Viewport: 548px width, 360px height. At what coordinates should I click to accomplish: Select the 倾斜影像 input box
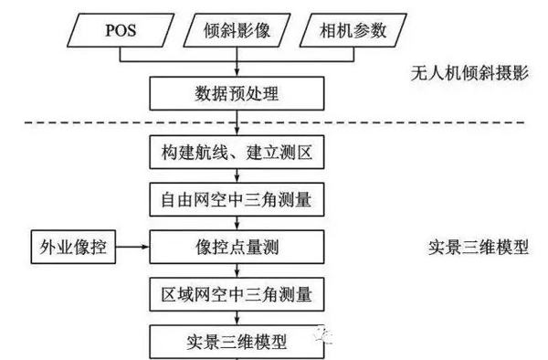237,32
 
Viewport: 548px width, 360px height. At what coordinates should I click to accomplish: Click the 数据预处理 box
237,91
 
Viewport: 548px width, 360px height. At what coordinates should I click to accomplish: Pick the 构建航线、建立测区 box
237,151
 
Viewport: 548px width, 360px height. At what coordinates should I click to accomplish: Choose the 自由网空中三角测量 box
237,198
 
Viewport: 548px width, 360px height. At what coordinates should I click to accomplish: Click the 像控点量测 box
237,247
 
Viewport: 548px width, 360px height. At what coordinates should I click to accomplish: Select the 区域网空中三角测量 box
237,295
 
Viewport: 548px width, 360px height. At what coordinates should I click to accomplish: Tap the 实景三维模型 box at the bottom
237,343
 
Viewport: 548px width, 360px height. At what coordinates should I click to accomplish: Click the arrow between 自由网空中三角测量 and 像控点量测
237,223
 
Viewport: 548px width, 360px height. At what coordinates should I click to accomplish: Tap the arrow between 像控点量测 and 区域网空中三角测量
237,271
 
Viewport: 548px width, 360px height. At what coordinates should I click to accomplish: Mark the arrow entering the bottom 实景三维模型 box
237,319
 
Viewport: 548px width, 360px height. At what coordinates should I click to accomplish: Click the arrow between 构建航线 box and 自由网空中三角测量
237,175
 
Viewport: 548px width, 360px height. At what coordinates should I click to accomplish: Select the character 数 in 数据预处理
195,91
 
